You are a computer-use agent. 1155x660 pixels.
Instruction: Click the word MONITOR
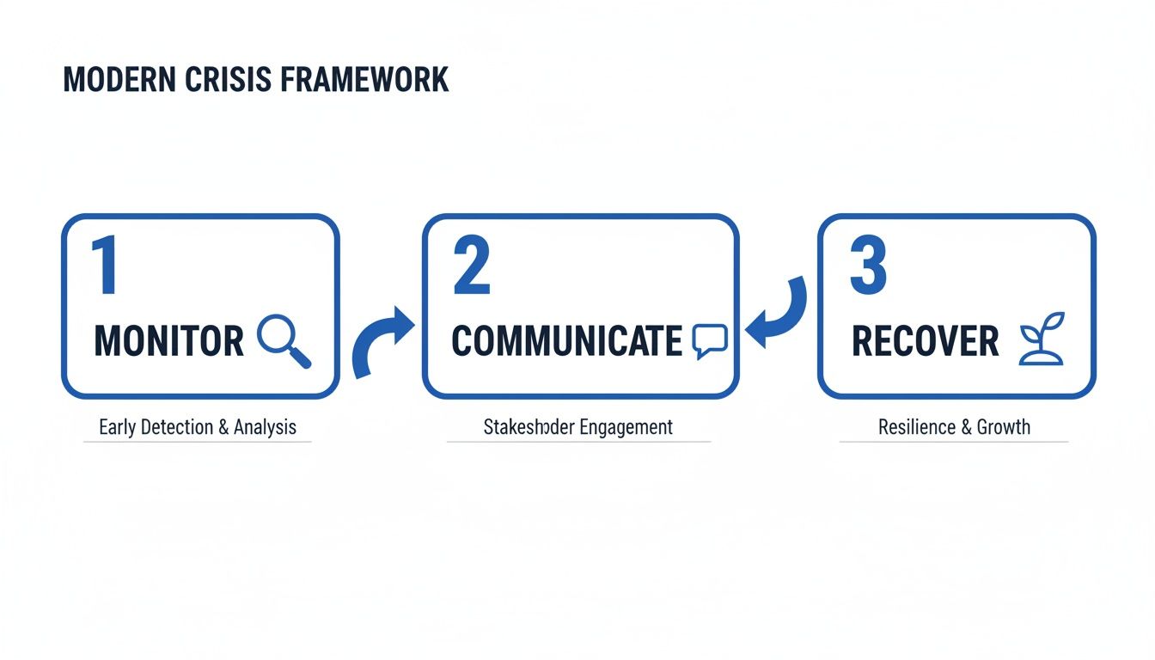168,341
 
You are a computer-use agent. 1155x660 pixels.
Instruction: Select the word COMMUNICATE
566,341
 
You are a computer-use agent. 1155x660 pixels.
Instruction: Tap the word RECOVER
925,341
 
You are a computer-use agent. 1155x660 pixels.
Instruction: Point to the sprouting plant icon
1042,344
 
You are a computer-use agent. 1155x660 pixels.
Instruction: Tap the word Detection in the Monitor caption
176,427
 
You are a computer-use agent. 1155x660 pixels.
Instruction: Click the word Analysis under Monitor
265,427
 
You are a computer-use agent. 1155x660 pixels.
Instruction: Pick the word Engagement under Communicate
626,427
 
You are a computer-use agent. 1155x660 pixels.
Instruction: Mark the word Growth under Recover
1002,427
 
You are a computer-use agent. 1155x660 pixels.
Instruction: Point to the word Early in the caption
117,427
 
